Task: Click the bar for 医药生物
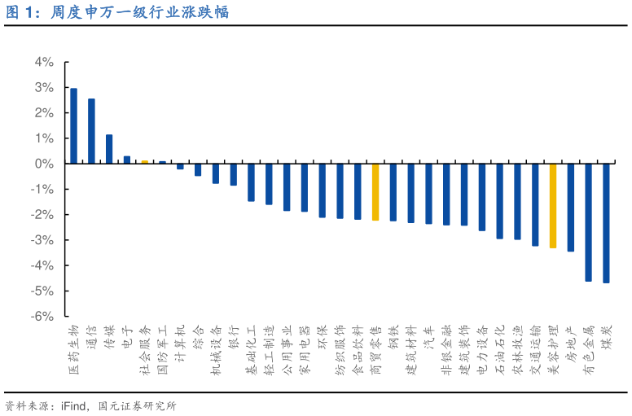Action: click(73, 126)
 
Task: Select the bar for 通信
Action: click(91, 131)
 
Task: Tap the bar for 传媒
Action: click(109, 149)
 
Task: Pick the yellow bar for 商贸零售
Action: click(375, 192)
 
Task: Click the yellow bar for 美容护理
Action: click(553, 206)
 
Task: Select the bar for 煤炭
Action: click(606, 223)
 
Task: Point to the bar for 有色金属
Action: click(588, 222)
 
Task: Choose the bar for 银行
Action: click(233, 174)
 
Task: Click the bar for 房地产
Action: click(570, 208)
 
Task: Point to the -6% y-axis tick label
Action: click(42, 317)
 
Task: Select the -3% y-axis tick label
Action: click(42, 240)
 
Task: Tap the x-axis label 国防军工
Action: click(162, 347)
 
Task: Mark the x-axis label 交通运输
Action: click(535, 347)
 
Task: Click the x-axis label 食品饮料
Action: click(358, 347)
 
